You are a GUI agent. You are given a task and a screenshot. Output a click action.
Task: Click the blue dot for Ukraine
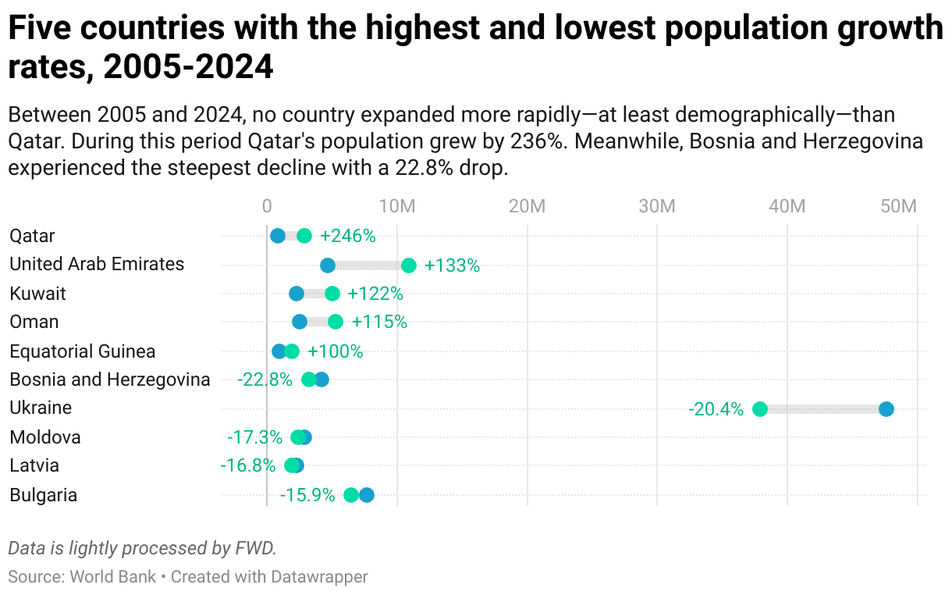886,409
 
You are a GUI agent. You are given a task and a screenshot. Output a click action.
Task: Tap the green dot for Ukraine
759,409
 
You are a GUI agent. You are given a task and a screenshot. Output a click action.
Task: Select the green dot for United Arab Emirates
408,265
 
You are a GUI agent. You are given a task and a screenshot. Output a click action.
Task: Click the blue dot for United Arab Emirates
328,265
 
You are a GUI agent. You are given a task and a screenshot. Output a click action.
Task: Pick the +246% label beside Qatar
348,236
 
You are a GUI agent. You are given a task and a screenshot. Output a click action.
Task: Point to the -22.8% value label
265,379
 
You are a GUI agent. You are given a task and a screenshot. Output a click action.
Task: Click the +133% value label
452,265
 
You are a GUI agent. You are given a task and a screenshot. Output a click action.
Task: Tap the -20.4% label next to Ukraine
716,409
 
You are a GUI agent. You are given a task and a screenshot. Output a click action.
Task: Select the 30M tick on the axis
656,206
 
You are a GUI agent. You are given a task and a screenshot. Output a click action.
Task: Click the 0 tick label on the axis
267,206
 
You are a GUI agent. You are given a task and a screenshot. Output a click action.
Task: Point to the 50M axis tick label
897,206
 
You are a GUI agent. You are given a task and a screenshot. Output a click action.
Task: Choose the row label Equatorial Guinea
82,351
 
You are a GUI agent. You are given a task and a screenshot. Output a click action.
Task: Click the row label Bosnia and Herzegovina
109,379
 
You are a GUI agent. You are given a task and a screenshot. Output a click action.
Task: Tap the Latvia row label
34,466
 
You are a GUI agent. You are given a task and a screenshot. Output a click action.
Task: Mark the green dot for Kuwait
332,294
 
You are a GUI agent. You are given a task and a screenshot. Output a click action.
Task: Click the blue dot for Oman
300,322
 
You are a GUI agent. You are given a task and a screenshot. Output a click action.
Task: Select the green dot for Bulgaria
351,495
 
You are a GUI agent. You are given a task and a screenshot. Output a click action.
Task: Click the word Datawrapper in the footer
319,577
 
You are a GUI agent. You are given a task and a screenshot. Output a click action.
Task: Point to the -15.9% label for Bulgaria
307,495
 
